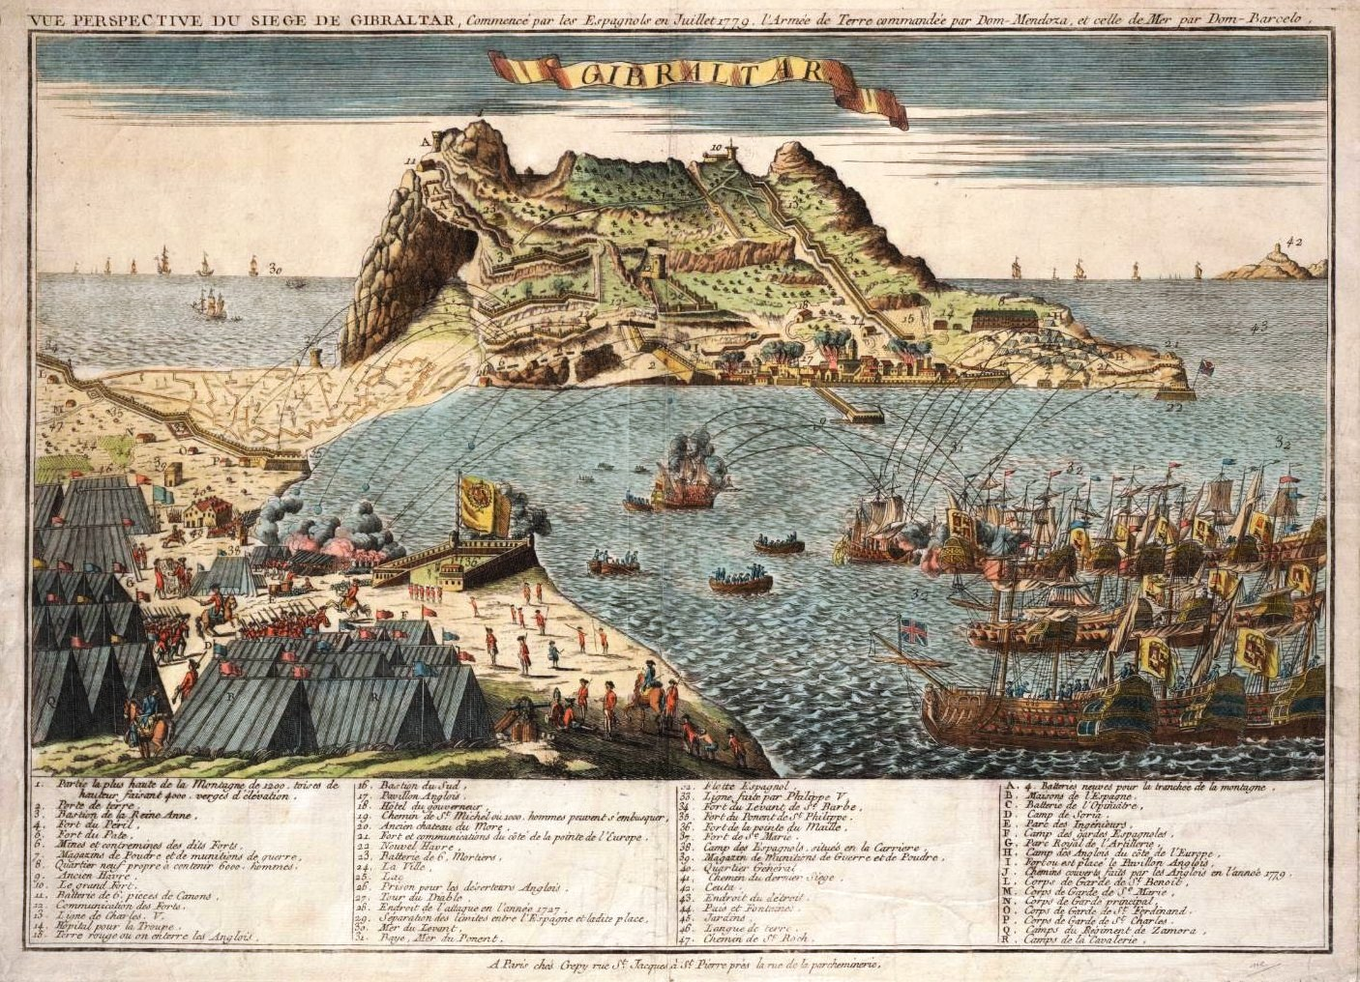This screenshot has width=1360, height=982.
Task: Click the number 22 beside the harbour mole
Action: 1175,408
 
